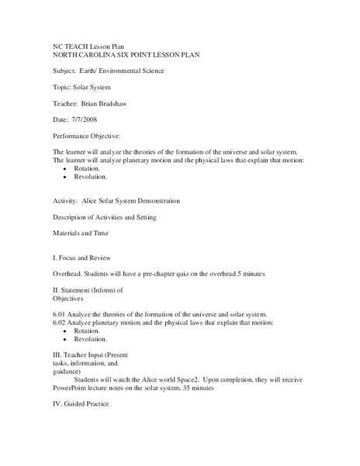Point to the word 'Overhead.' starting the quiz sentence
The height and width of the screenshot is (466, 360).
[68, 275]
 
